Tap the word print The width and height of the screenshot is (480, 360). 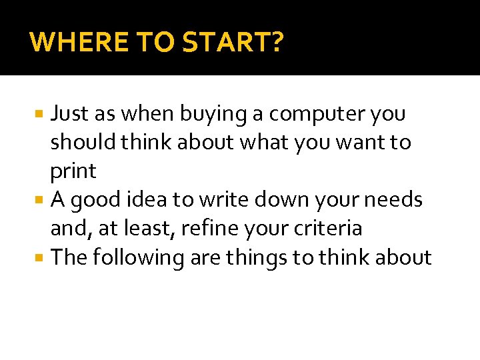point(73,172)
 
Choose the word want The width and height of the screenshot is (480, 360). point(363,143)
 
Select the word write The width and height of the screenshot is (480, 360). point(228,200)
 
